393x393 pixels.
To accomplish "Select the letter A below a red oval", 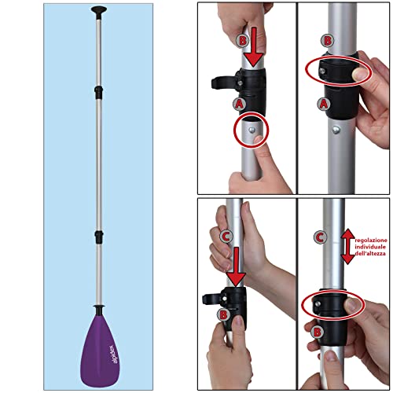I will [x=323, y=102].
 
